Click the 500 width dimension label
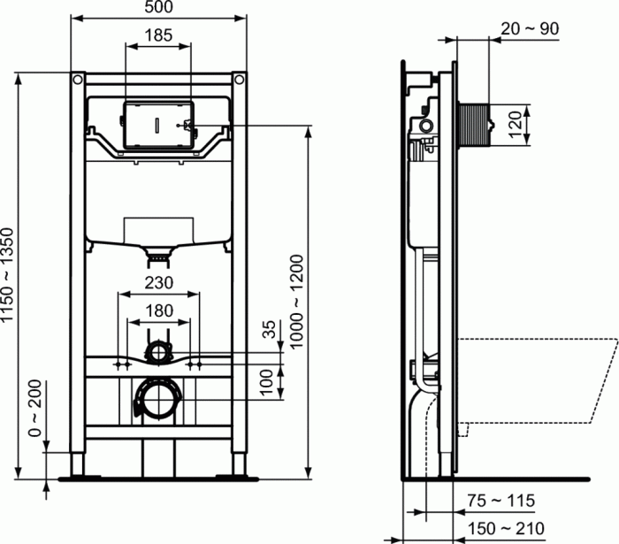tap(158, 8)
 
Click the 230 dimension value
tap(158, 283)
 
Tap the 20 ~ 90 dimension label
tap(531, 28)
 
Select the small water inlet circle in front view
tap(158, 352)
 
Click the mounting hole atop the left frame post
tap(78, 80)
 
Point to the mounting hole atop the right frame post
tap(239, 80)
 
